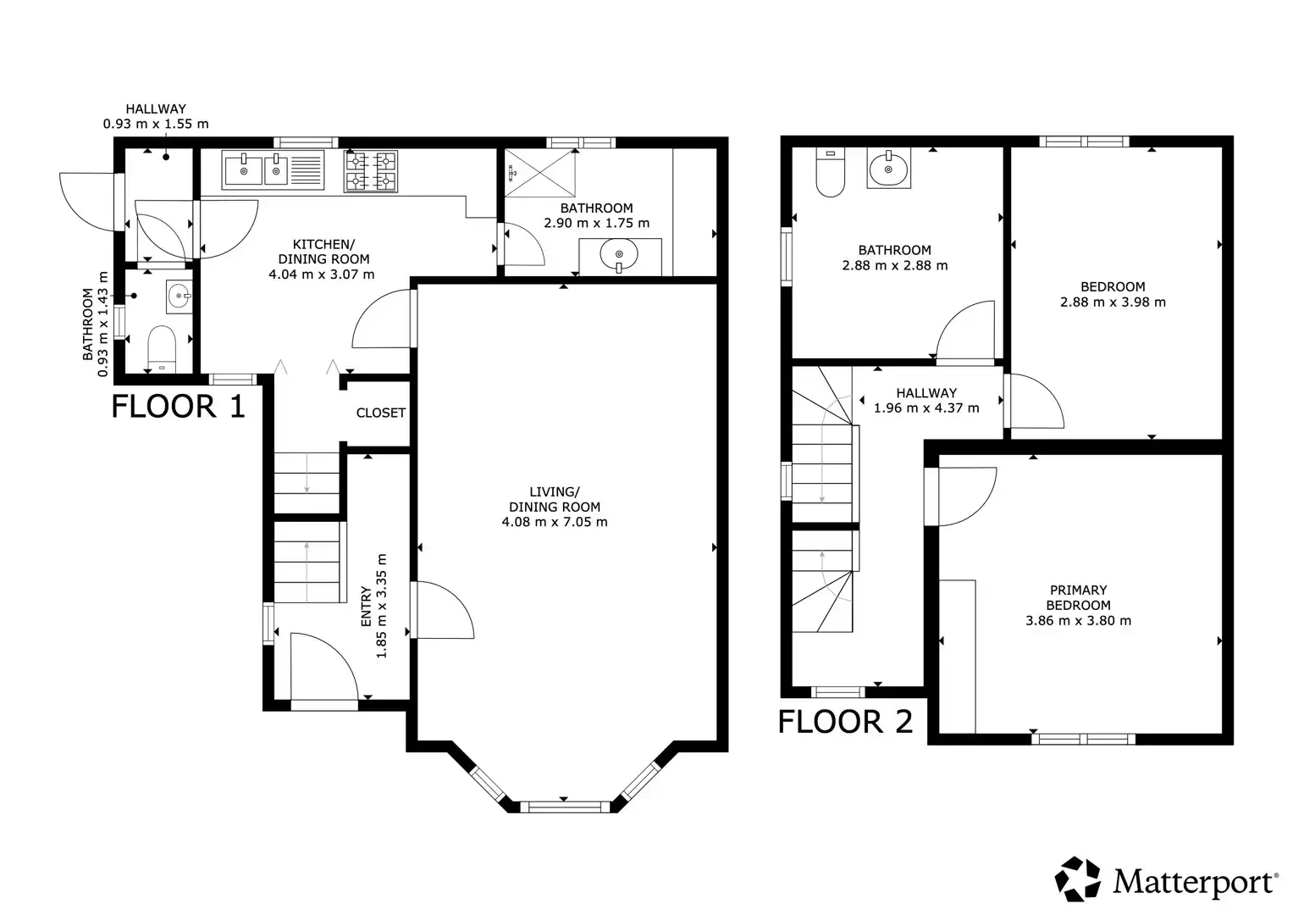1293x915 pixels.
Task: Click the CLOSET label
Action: click(380, 413)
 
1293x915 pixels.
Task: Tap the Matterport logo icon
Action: click(1077, 879)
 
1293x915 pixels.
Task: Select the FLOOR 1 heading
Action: click(178, 406)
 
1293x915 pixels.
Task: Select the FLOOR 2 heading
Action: click(845, 722)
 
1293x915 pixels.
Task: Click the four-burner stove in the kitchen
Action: click(371, 171)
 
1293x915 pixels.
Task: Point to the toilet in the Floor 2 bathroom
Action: click(831, 172)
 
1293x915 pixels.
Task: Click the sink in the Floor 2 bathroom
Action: click(888, 168)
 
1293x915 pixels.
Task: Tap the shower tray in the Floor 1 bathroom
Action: click(540, 174)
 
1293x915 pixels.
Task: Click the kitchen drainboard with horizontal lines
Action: click(306, 169)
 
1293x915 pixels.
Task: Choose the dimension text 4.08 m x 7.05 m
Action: click(554, 522)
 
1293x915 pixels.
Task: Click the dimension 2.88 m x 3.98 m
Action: click(1113, 302)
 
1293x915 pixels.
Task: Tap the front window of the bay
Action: click(565, 807)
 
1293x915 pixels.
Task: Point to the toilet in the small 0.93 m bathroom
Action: click(162, 348)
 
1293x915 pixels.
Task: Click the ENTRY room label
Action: click(366, 607)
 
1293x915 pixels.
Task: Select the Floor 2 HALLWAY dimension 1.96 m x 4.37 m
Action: click(926, 408)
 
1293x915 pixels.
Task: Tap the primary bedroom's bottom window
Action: click(1084, 739)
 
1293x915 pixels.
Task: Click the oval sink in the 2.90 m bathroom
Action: click(619, 255)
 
